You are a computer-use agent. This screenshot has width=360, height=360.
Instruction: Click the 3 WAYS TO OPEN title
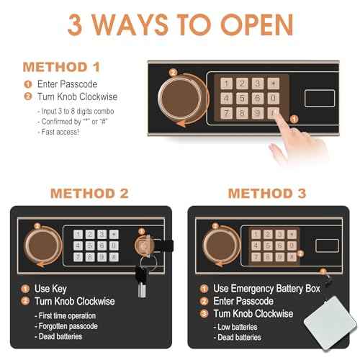pyautogui.click(x=181, y=24)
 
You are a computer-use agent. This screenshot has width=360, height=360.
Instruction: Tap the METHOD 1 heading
pyautogui.click(x=61, y=67)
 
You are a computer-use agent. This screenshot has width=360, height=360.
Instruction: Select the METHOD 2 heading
pyautogui.click(x=89, y=194)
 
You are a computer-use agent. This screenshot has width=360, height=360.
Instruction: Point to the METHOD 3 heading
pyautogui.click(x=267, y=194)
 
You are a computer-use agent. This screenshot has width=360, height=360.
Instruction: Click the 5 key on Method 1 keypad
pyautogui.click(x=242, y=98)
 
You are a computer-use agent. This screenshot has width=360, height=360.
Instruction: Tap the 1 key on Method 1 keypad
pyautogui.click(x=226, y=84)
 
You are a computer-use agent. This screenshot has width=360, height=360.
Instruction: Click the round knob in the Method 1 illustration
pyautogui.click(x=181, y=99)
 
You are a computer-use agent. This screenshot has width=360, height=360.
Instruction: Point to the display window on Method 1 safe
pyautogui.click(x=320, y=98)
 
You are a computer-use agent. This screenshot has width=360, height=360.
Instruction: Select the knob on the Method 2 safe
pyautogui.click(x=42, y=246)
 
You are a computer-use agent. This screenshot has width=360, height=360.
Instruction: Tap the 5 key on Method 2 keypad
pyautogui.click(x=90, y=246)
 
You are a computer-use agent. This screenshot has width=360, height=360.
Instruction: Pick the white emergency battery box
pyautogui.click(x=330, y=321)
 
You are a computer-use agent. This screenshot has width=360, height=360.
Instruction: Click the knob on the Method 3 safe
pyautogui.click(x=221, y=246)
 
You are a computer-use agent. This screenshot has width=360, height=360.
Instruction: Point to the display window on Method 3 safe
pyautogui.click(x=327, y=246)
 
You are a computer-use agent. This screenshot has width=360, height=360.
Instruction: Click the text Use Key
pyautogui.click(x=50, y=289)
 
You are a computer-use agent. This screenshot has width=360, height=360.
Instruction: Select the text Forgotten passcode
pyautogui.click(x=68, y=326)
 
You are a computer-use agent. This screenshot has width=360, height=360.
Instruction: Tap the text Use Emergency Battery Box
pyautogui.click(x=266, y=289)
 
